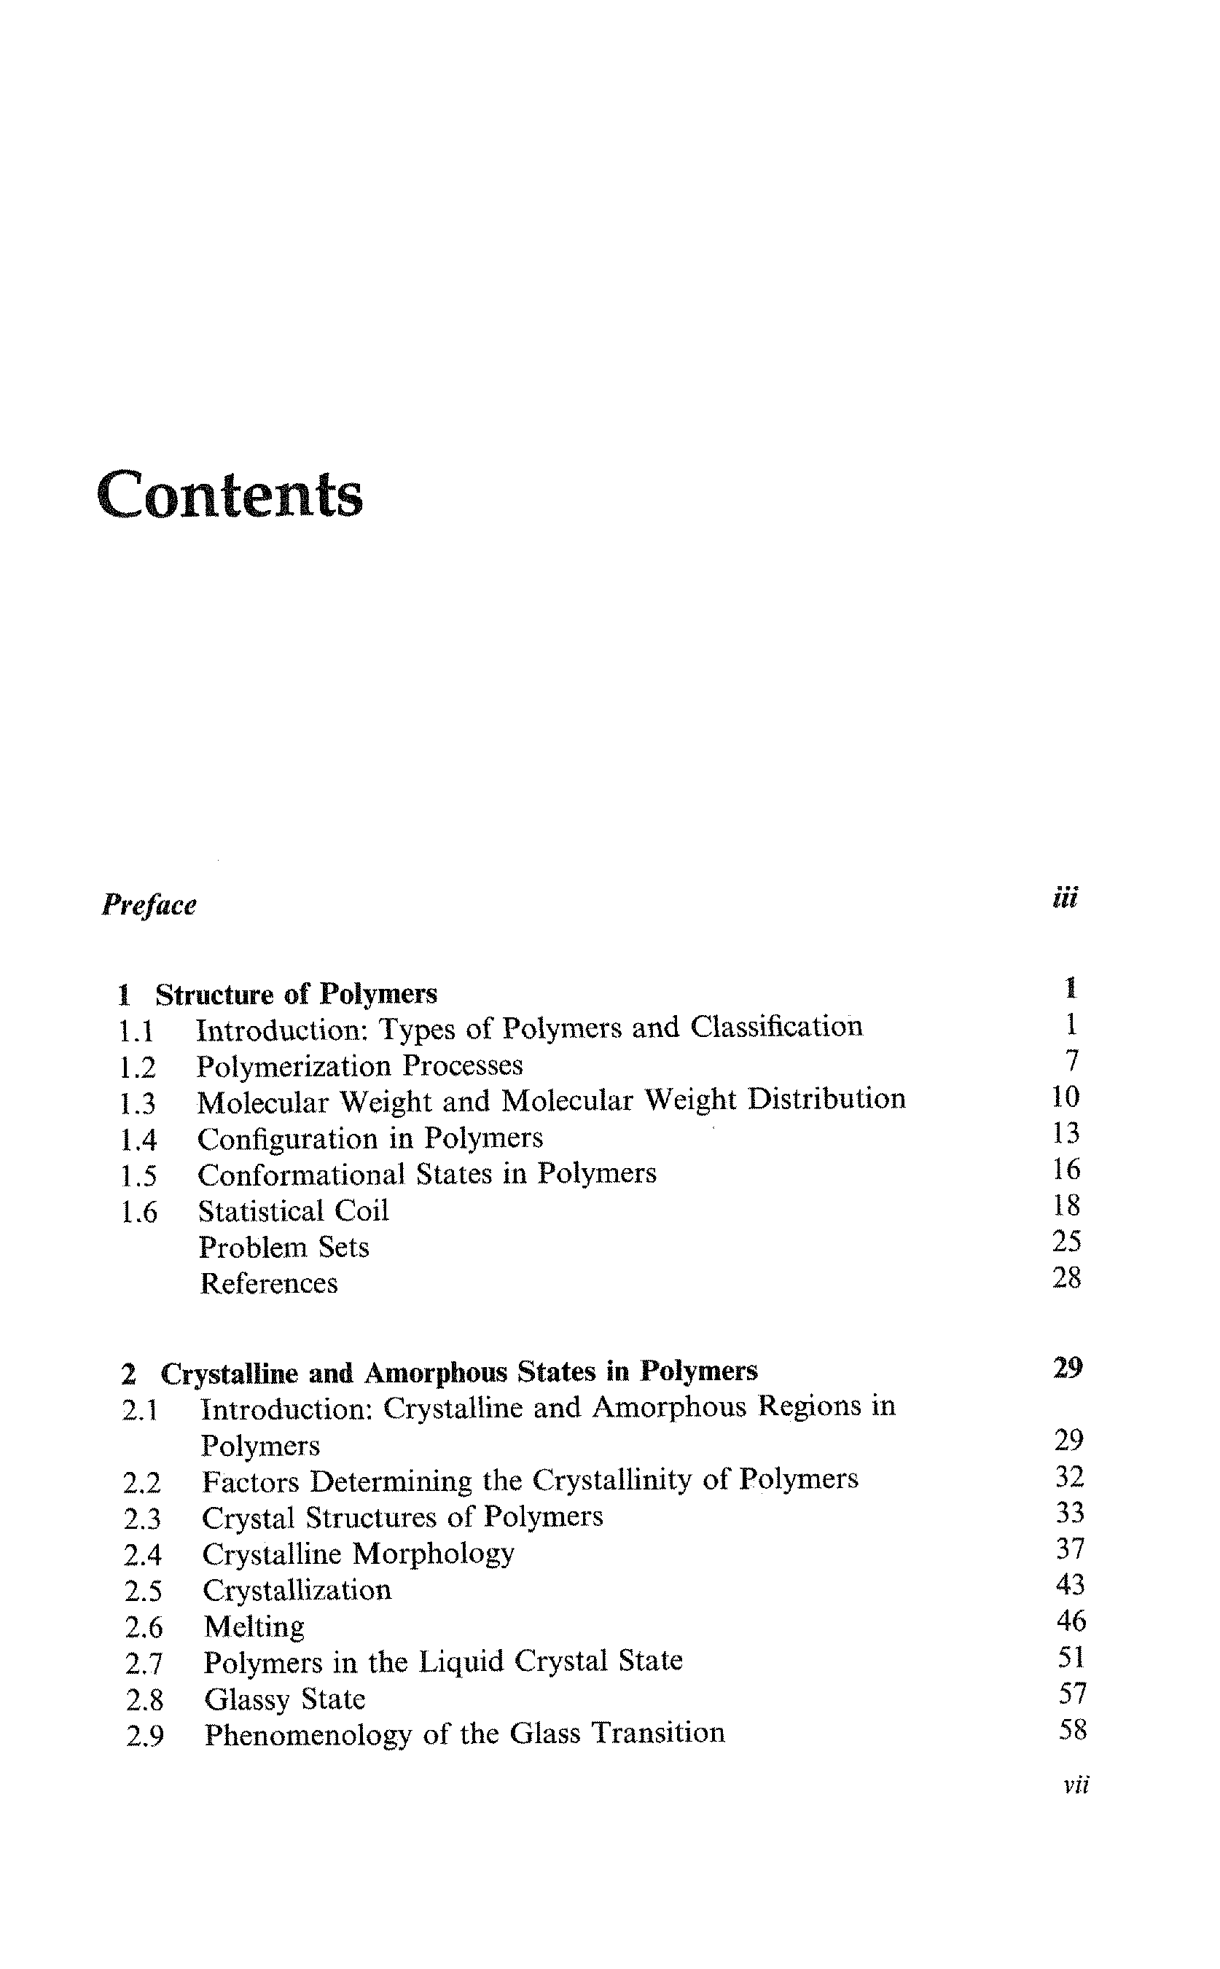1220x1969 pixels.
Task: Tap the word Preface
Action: (x=149, y=905)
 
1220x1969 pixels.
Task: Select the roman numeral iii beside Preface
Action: (x=1064, y=898)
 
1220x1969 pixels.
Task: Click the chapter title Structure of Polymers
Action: (x=296, y=994)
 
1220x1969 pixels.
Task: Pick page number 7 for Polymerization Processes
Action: (x=1071, y=1061)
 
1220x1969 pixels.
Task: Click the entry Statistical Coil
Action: (x=293, y=1210)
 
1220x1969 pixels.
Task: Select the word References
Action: (x=269, y=1283)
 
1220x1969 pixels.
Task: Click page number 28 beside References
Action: (x=1067, y=1277)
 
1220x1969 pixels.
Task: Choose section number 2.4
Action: (x=143, y=1554)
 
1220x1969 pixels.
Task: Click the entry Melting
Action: (x=254, y=1627)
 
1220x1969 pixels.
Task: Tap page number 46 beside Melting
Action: (x=1071, y=1621)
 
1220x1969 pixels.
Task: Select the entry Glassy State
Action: (x=285, y=1699)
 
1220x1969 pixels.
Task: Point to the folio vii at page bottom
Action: (x=1076, y=1786)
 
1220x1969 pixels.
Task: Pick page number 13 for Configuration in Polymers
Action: (x=1066, y=1133)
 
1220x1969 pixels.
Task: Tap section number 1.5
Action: (x=138, y=1176)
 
